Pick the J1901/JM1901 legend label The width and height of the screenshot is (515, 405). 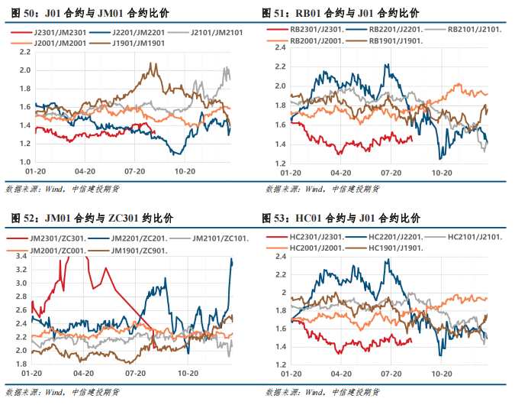pos(137,43)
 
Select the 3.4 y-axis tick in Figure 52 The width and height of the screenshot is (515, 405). pos(22,257)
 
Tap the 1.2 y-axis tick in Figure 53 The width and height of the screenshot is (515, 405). pos(278,365)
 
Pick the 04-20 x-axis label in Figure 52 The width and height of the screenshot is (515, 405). pos(84,373)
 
